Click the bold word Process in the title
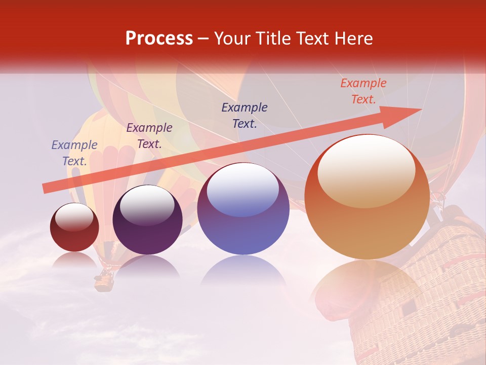pyautogui.click(x=159, y=39)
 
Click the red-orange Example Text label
pyautogui.click(x=363, y=91)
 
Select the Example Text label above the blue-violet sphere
pyautogui.click(x=245, y=116)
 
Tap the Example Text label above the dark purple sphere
pyautogui.click(x=149, y=136)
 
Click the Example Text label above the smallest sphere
pyautogui.click(x=74, y=153)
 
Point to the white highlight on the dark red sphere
pyautogui.click(x=74, y=217)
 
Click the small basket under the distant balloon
pyautogui.click(x=104, y=280)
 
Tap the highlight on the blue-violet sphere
pyautogui.click(x=243, y=189)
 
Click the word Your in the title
pyautogui.click(x=230, y=39)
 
